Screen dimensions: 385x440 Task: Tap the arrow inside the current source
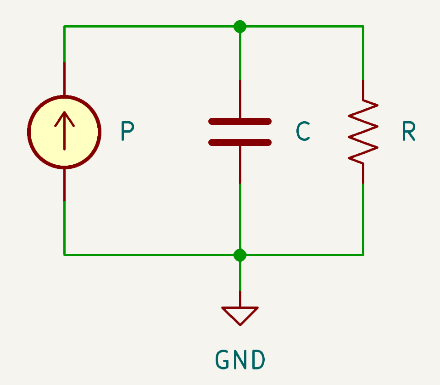[x=64, y=128]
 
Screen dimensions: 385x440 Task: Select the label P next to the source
[x=127, y=131]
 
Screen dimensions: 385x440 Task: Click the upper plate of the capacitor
[x=240, y=122]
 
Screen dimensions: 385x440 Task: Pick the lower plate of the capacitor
[x=240, y=143]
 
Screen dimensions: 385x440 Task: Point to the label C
[x=303, y=132]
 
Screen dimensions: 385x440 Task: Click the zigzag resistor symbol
[x=363, y=132]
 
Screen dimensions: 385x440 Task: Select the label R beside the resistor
[x=408, y=131]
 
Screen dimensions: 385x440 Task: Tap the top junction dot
[x=240, y=27]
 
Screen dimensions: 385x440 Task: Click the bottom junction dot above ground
[x=240, y=255]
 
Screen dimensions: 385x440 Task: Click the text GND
[x=240, y=360]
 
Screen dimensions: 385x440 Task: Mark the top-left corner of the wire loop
[x=64, y=27]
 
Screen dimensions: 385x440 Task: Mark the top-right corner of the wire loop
[x=363, y=27]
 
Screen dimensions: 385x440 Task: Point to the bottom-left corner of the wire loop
[x=64, y=254]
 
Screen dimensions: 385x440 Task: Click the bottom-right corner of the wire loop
[x=363, y=254]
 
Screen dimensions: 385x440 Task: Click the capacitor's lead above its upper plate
[x=240, y=99]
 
